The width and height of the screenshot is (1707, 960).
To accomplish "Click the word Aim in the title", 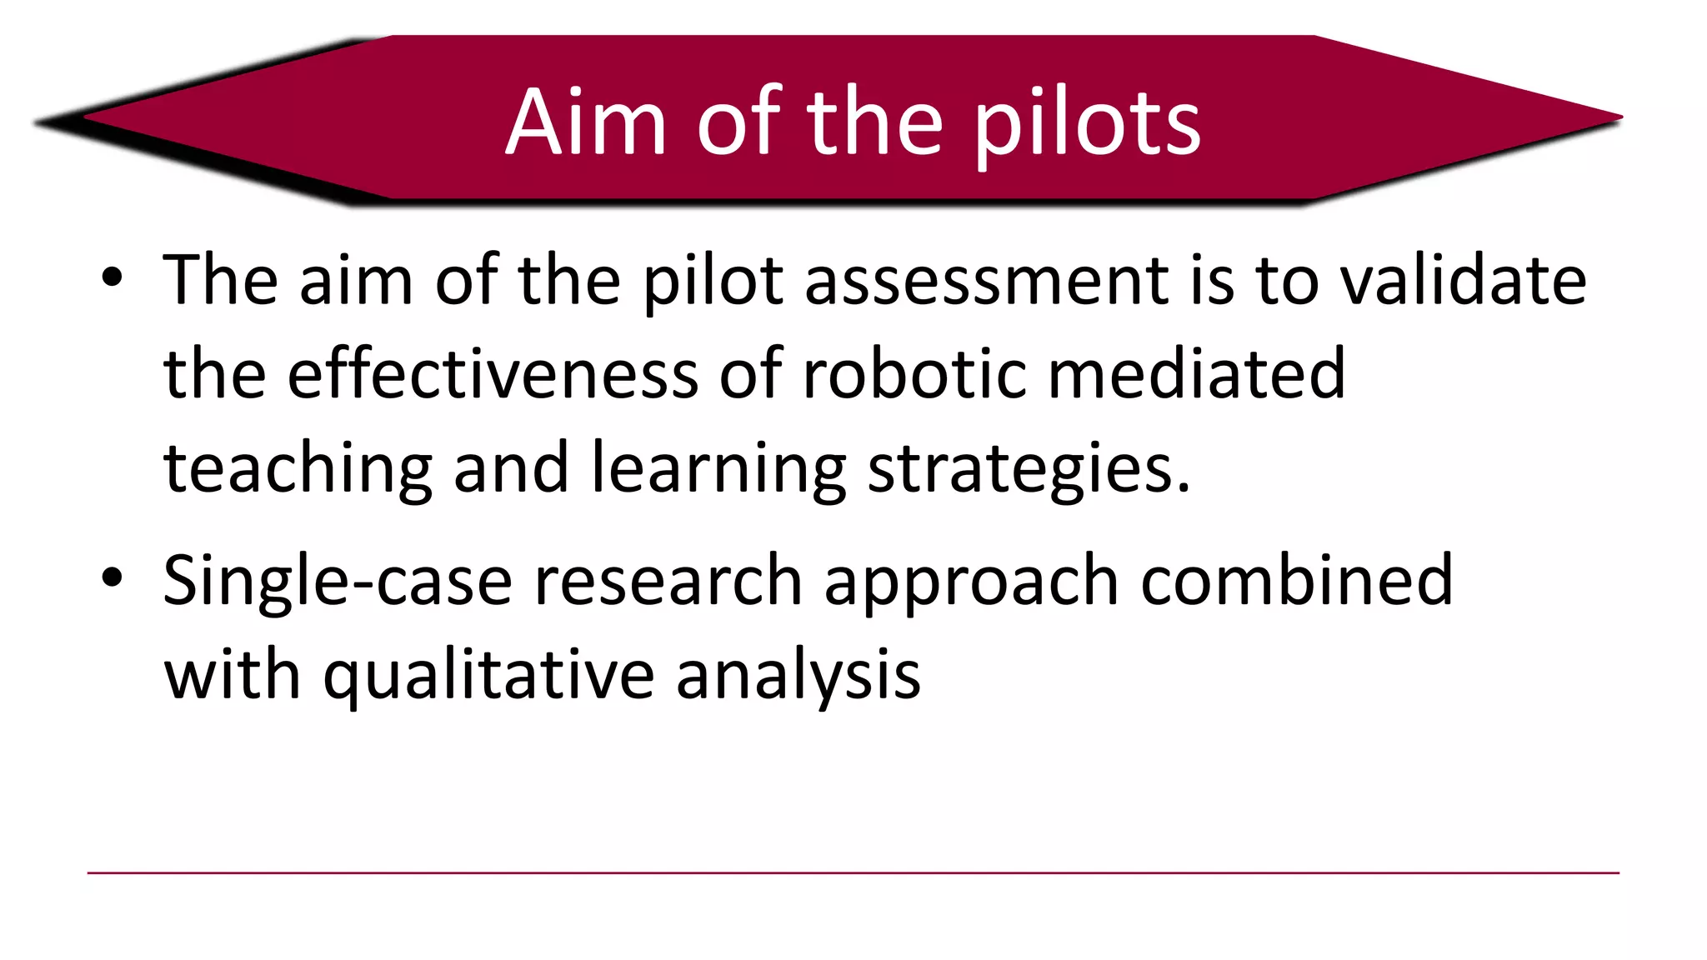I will (586, 122).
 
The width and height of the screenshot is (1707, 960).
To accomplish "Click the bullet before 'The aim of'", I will (112, 277).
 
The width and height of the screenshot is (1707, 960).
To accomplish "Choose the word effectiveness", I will (493, 373).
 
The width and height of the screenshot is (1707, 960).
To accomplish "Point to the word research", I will (668, 581).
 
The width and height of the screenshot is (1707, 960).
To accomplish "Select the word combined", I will (1296, 581).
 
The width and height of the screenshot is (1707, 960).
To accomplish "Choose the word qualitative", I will (488, 675).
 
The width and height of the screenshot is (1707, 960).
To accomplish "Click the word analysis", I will (798, 675).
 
